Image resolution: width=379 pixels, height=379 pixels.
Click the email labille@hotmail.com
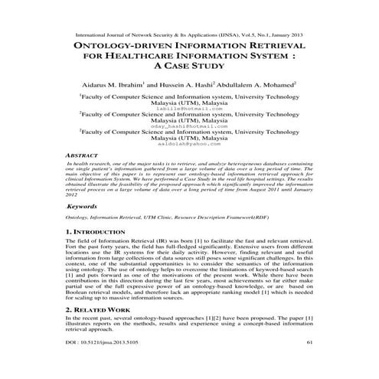tap(189, 109)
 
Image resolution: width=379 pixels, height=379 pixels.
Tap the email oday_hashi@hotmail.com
tap(189, 127)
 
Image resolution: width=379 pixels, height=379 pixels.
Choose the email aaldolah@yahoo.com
tap(189, 145)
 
